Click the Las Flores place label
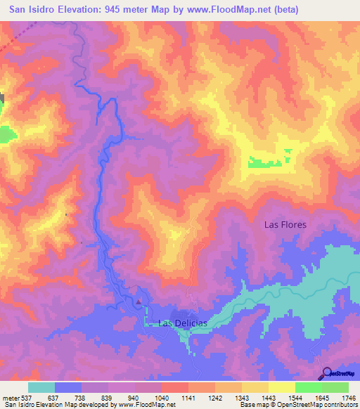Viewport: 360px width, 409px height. pyautogui.click(x=285, y=225)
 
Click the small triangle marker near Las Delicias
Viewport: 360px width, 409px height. pyautogui.click(x=139, y=303)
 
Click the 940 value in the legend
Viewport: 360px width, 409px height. pyautogui.click(x=134, y=398)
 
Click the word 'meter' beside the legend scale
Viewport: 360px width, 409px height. pyautogui.click(x=8, y=398)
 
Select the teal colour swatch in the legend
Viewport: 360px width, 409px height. pyautogui.click(x=41, y=387)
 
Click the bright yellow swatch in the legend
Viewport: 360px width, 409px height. pyautogui.click(x=281, y=387)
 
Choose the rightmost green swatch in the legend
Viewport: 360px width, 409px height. pyautogui.click(x=335, y=387)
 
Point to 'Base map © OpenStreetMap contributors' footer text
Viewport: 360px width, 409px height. pyautogui.click(x=296, y=405)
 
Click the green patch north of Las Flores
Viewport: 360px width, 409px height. pyautogui.click(x=268, y=162)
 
